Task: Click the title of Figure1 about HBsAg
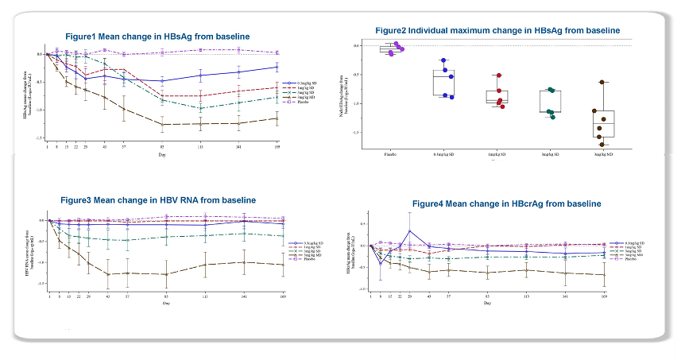157,37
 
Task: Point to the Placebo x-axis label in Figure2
390,153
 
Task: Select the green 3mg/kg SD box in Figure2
550,101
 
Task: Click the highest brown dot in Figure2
602,82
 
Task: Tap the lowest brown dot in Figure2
602,145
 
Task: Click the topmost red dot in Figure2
499,75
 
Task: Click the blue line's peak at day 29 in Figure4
410,231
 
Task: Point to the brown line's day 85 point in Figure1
162,124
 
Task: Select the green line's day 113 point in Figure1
200,108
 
